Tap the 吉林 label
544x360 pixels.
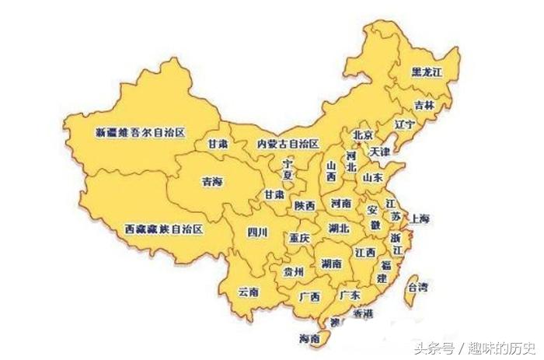(424, 105)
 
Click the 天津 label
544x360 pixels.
(381, 150)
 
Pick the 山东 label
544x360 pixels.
(372, 177)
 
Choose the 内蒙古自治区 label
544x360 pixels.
(288, 145)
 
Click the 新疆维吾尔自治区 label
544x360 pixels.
(140, 133)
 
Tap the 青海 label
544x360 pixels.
(211, 182)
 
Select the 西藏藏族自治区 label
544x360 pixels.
(164, 230)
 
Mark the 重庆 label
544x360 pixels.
(299, 238)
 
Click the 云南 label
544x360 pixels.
(249, 292)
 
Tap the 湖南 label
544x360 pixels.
(330, 264)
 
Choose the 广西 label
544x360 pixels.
(309, 296)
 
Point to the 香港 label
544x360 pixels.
(363, 313)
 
